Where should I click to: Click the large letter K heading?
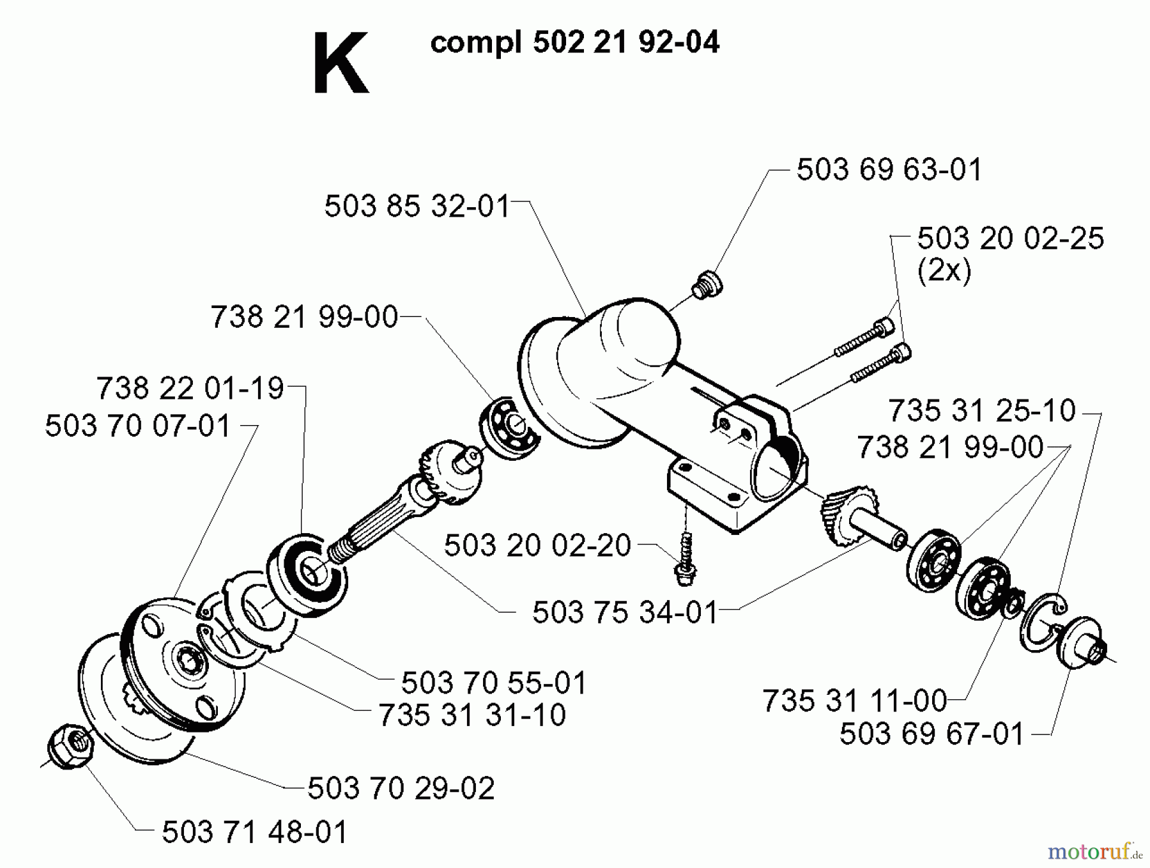tap(340, 64)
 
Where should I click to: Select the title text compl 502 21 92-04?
tap(574, 43)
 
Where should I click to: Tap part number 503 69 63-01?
tap(888, 170)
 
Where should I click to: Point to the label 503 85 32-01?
tap(417, 206)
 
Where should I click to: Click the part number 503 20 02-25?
tap(1010, 238)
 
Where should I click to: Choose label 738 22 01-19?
tap(190, 388)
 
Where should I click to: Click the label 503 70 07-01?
tap(137, 426)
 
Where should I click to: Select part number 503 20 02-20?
tap(537, 545)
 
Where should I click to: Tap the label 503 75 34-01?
tap(625, 612)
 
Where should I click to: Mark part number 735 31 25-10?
tap(981, 410)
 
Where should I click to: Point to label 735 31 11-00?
tap(854, 701)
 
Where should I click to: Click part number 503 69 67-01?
tap(931, 734)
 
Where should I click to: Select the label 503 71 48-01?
tap(254, 832)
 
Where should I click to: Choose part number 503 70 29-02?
tap(401, 788)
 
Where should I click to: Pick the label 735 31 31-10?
tap(472, 715)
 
